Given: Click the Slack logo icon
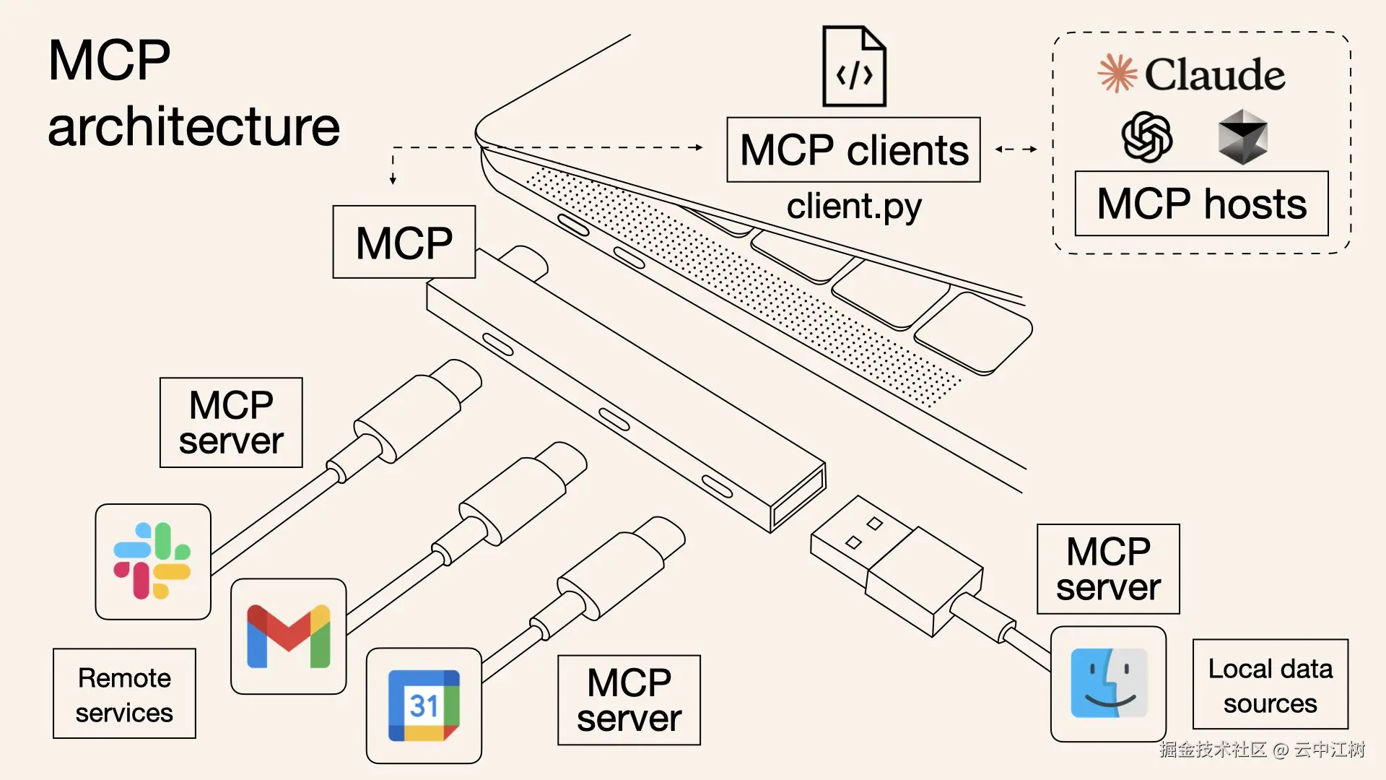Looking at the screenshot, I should tap(152, 561).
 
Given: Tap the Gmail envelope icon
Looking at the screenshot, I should tap(288, 636).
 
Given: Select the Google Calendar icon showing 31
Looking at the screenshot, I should tap(424, 706).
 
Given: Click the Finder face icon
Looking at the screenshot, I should tap(1108, 683).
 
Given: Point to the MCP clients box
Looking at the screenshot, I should tap(853, 150).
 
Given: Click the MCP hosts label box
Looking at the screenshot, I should tap(1201, 204).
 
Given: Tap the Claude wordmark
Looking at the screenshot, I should tap(1214, 74).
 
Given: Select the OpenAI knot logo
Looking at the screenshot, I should tap(1146, 137).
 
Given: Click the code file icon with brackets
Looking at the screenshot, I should tap(854, 67).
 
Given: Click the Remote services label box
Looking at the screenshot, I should tap(124, 694).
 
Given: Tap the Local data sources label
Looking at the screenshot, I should tap(1270, 685).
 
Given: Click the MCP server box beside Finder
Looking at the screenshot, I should tap(1108, 569).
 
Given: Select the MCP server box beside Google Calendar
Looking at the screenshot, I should tap(629, 700).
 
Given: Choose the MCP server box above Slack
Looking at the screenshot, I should tap(231, 422).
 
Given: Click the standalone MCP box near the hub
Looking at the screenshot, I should tap(404, 242).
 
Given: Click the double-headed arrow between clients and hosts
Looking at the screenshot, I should tap(1016, 149).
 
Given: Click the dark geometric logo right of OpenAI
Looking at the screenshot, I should tap(1242, 137).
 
